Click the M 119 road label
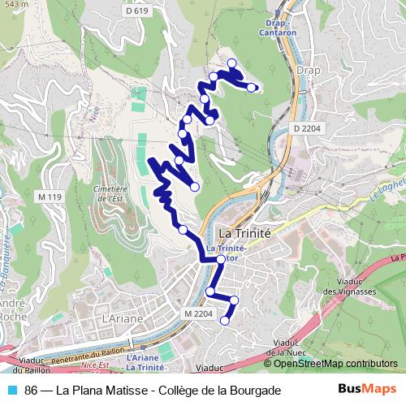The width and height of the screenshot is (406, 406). coord(50,198)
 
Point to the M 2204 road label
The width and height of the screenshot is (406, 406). coord(197,313)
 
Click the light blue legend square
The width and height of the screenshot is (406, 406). coord(11,390)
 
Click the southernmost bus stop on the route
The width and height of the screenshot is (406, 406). coord(225,320)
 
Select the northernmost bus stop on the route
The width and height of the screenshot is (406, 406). coord(232,63)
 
